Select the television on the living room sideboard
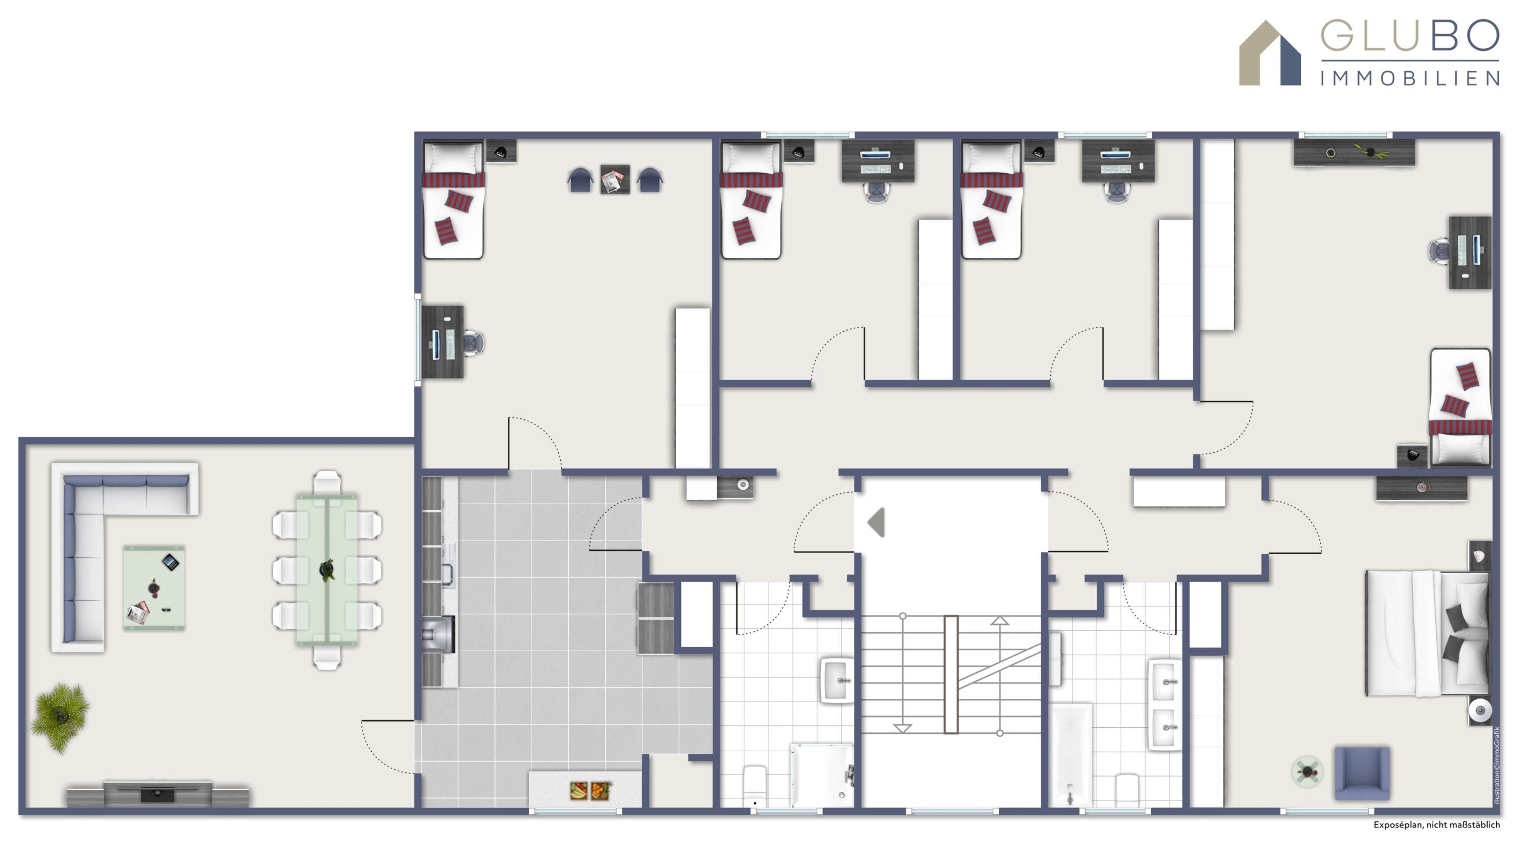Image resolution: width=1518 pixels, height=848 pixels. pos(158,794)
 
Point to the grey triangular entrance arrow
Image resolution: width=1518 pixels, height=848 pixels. pos(876,522)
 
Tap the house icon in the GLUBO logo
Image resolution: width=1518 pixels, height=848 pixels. pos(1269,54)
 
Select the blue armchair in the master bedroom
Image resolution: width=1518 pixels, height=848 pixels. pos(1361,773)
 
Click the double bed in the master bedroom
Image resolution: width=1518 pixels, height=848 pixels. pos(1426,633)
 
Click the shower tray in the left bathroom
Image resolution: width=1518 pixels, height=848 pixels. pos(821,774)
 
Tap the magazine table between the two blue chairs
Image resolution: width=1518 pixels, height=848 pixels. pos(614,180)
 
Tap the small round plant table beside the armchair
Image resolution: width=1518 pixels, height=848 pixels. pos(1306,771)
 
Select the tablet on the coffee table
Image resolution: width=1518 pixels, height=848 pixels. pos(170,562)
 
